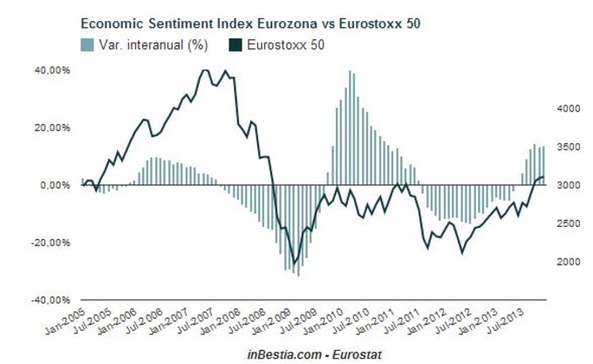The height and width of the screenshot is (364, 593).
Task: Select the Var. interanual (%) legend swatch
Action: click(87, 43)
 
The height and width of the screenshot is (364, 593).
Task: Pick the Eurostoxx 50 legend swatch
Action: click(236, 43)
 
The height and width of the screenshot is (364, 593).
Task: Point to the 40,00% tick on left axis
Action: click(53, 71)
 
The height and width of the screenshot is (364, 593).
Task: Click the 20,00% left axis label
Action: click(53, 128)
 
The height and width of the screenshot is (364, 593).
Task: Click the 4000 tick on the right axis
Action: click(566, 109)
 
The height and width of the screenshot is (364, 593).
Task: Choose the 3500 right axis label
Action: click(566, 148)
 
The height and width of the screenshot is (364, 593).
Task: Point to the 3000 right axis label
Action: click(566, 186)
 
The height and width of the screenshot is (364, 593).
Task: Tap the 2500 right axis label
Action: click(566, 223)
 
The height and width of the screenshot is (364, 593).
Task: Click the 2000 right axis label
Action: click(566, 262)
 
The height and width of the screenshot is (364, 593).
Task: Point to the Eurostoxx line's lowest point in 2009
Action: click(294, 263)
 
